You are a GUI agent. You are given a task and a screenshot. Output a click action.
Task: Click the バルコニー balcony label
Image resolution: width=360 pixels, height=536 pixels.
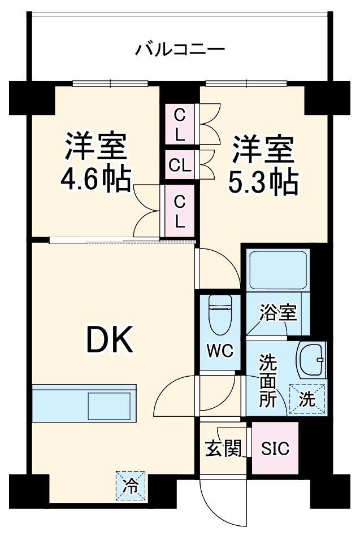180,50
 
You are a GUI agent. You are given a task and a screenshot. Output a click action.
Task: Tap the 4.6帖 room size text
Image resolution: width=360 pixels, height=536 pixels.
96,180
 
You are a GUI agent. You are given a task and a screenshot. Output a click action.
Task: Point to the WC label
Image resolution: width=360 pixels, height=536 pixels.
220,350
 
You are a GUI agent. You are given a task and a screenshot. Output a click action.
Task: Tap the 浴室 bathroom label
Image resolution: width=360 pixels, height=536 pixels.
278,313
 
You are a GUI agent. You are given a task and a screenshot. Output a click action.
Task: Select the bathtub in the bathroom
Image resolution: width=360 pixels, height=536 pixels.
277,269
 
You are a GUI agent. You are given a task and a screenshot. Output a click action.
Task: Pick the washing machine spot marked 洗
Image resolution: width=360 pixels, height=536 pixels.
307,399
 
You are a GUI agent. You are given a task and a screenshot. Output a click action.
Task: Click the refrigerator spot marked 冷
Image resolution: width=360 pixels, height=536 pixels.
131,485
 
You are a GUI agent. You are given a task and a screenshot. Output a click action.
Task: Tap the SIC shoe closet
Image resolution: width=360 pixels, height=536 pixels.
275,449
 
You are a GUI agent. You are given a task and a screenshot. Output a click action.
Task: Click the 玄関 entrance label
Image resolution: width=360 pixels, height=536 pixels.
223,449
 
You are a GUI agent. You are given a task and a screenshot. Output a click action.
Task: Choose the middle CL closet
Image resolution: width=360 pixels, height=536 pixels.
179,165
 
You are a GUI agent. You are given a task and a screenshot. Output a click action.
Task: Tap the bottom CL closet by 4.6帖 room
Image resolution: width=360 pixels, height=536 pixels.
179,211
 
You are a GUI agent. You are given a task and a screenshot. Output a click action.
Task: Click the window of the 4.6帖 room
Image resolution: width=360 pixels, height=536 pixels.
110,84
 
